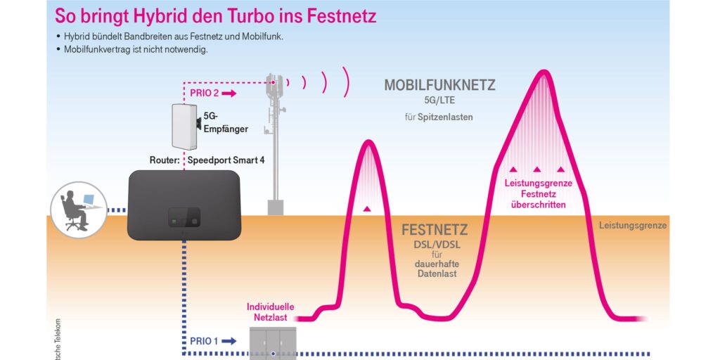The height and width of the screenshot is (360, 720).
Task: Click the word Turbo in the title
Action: [248, 15]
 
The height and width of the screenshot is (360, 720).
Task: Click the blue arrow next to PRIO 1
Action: [229, 341]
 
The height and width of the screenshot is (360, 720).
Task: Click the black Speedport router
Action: [181, 207]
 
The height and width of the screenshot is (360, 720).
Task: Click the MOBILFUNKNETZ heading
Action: [439, 86]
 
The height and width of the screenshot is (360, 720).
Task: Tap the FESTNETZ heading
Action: [435, 231]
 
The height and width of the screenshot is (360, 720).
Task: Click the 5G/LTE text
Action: [440, 101]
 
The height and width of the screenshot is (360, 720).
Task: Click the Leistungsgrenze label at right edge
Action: [633, 226]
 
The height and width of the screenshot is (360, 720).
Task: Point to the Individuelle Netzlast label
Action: [270, 312]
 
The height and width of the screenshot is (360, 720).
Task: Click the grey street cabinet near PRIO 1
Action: [273, 345]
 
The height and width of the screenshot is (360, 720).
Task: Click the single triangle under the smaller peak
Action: [366, 209]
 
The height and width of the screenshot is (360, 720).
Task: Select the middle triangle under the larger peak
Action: [536, 169]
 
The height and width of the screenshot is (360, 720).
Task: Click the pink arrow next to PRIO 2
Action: [231, 93]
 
